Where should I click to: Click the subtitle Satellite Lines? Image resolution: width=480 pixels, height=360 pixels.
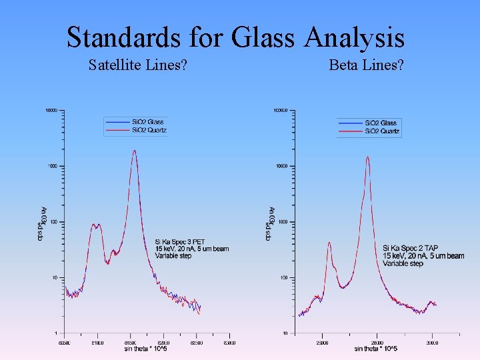point(137,65)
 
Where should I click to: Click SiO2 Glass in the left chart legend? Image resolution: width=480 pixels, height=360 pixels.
point(147,122)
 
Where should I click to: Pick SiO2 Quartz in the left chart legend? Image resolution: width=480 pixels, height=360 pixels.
point(149,130)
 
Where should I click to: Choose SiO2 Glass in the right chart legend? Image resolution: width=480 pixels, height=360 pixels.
point(381,123)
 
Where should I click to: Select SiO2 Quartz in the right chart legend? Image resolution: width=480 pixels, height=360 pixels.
point(382,131)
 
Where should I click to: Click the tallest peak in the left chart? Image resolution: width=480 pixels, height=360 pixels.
point(135,151)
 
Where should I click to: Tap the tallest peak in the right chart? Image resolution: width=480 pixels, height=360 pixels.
point(367,158)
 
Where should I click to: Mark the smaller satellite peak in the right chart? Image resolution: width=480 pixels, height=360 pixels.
point(329,244)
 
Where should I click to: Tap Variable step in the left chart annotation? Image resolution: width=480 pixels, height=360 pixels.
point(173,256)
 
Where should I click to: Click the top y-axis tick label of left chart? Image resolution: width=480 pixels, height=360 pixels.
point(51,110)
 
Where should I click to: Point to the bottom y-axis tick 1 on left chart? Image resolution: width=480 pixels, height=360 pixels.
point(56,333)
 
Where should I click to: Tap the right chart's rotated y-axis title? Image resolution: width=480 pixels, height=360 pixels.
point(271,222)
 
